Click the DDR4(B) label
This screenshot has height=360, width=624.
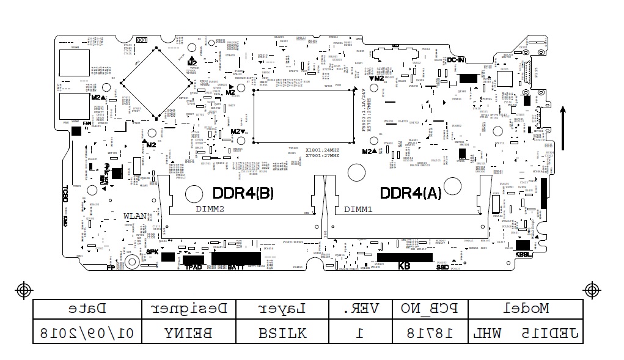[243, 193]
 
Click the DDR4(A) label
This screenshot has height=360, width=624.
[410, 193]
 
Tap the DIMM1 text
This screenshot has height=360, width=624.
[358, 210]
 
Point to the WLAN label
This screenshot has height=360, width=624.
[135, 216]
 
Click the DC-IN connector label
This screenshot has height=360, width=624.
[456, 60]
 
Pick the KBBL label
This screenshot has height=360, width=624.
[523, 254]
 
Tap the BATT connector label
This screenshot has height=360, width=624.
[236, 267]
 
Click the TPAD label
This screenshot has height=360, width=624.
[193, 267]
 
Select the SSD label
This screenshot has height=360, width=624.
[442, 267]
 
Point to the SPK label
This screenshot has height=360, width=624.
[152, 252]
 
